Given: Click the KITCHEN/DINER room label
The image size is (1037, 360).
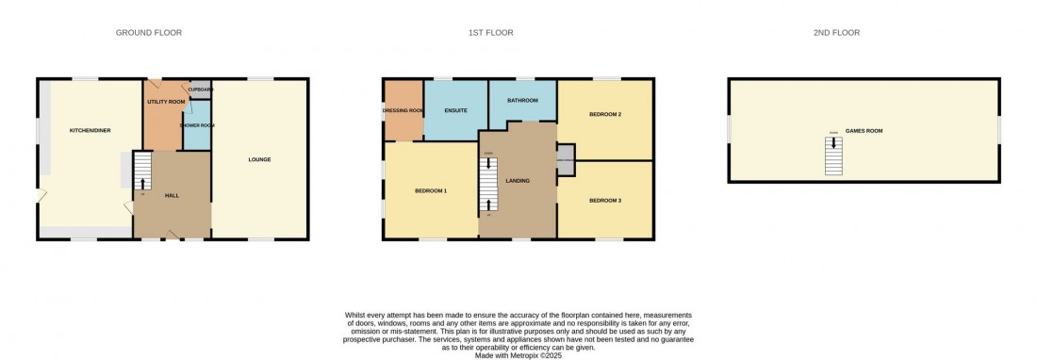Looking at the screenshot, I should click(x=91, y=130).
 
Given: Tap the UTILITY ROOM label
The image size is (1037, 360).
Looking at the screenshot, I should click(x=165, y=101).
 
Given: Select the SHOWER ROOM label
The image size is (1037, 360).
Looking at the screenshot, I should click(x=197, y=125).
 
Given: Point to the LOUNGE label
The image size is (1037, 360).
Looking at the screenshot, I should click(x=259, y=159).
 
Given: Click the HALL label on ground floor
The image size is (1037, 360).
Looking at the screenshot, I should click(x=172, y=195).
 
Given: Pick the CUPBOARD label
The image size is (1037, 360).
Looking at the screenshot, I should click(x=200, y=90).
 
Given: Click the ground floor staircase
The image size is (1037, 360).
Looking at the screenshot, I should click(x=142, y=172).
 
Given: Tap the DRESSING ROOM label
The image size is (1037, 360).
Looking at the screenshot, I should click(x=403, y=110).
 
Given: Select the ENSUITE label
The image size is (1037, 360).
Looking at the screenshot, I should click(x=456, y=110).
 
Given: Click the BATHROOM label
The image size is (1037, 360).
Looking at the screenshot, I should click(x=522, y=100).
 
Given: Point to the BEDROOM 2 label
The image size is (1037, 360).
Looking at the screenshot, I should click(x=604, y=114).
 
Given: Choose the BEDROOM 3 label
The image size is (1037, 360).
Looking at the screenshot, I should click(x=604, y=200).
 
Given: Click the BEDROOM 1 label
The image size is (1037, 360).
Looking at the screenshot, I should click(x=431, y=191).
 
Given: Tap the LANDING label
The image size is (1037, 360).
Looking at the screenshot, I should click(x=518, y=181).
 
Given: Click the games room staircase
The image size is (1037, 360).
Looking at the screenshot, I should click(x=832, y=155).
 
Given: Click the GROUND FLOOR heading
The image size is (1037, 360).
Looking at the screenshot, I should click(x=149, y=33).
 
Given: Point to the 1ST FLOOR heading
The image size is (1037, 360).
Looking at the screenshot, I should click(x=491, y=33).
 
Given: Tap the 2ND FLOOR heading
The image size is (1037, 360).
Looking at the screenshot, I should click(x=836, y=33).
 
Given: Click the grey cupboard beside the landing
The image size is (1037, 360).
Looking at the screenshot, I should click(x=565, y=159).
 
